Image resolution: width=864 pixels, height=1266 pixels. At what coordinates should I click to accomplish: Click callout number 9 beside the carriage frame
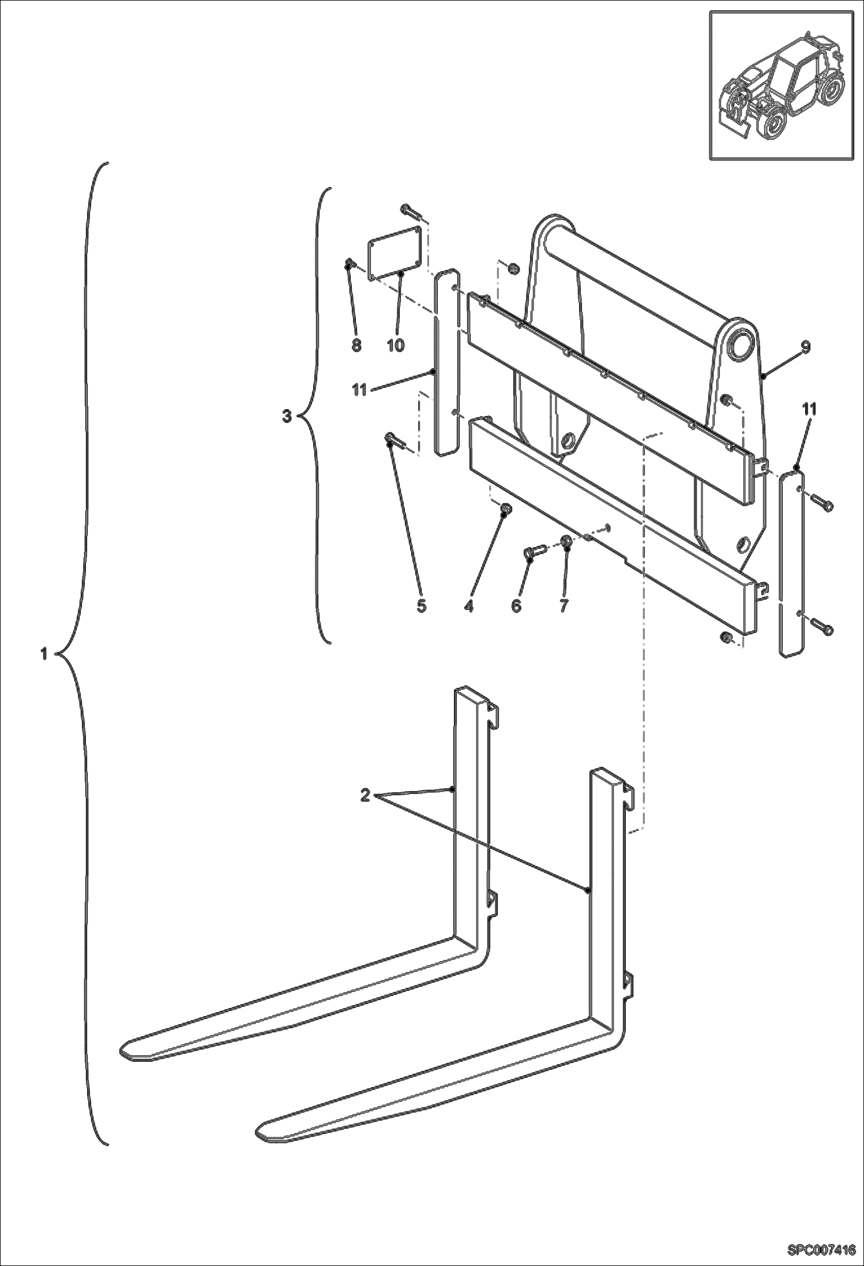point(805,347)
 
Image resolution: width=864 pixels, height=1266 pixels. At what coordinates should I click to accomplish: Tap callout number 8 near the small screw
point(356,345)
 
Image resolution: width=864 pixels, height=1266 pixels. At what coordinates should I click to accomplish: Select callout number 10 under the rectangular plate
point(396,345)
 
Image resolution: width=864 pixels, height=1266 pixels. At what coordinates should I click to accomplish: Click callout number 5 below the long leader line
point(421,606)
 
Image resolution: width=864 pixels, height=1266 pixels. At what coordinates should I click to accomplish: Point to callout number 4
point(468,606)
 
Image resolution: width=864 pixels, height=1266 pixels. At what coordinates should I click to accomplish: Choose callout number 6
point(516,606)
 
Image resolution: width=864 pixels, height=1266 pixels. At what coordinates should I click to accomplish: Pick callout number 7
point(564,606)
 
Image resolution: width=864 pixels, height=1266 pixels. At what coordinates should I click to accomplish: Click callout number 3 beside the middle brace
point(287,415)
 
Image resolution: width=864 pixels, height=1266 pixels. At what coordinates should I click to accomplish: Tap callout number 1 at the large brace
point(43,654)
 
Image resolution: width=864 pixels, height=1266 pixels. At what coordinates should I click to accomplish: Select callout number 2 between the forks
point(365,795)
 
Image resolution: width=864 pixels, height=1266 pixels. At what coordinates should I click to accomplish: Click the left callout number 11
point(359,391)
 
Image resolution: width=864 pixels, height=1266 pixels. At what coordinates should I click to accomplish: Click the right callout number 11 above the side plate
point(809,409)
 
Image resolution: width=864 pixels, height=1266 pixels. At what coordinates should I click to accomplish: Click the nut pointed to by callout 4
point(506,508)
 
